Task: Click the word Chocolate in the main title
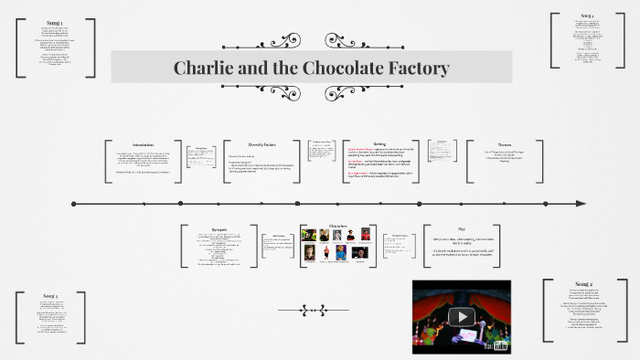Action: (x=325, y=68)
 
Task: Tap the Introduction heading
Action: (x=144, y=145)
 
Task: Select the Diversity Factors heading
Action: (x=262, y=144)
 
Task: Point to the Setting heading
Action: (x=379, y=143)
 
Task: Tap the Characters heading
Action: (x=337, y=225)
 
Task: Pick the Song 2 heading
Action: (x=584, y=284)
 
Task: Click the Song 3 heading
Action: (x=51, y=297)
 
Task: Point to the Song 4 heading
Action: (x=586, y=16)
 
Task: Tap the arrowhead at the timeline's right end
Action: (x=581, y=203)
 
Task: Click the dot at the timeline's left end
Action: (x=73, y=203)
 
